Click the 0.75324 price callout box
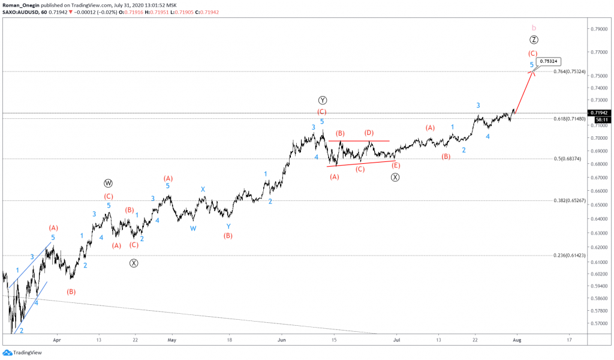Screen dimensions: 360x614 point(550,61)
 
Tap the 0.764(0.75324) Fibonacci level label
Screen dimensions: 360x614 point(568,72)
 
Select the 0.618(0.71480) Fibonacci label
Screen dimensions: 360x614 point(568,119)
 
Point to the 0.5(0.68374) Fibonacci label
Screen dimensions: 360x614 point(567,159)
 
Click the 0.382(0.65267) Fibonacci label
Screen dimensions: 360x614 point(568,201)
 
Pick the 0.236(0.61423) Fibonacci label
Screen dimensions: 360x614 point(568,256)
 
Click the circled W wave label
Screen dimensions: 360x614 point(108,183)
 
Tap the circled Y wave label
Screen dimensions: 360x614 point(322,100)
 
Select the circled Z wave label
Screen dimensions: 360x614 point(534,40)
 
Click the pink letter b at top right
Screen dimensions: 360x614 point(534,28)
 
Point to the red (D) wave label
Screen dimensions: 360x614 point(369,133)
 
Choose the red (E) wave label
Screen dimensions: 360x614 point(395,165)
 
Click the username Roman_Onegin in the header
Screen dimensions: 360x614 point(20,5)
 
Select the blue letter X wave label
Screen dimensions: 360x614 point(203,189)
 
